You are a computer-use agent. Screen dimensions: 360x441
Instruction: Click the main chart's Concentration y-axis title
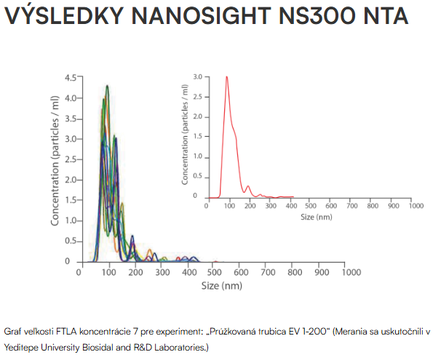pos(55,168)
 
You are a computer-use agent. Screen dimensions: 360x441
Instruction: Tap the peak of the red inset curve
pos(227,77)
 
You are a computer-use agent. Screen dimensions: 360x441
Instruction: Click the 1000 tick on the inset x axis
pos(415,206)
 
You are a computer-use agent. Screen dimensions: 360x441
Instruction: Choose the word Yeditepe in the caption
pos(23,348)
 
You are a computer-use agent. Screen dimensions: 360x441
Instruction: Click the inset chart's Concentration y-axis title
pos(185,136)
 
